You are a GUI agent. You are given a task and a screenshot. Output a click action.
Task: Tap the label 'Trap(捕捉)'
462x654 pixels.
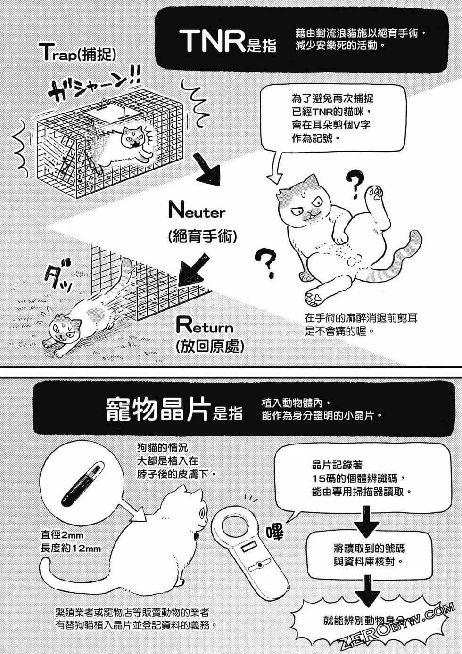tap(79, 53)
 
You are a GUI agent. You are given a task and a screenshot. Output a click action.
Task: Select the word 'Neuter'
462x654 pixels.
tap(197, 210)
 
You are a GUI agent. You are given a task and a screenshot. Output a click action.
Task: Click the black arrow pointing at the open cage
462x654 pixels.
tap(192, 270)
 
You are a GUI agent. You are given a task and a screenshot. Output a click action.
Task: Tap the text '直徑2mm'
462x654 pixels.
tap(62, 535)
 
